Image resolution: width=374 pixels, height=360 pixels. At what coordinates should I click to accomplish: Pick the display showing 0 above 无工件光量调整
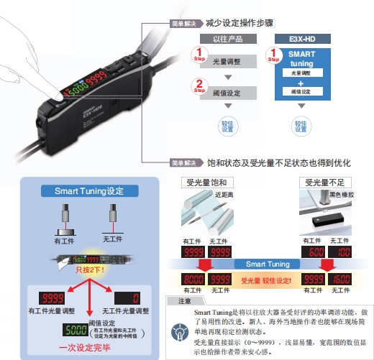(x=129, y=297)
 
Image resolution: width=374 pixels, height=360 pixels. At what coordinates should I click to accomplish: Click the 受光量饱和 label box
(x=205, y=183)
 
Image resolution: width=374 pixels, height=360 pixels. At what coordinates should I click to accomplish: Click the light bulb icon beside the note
(x=178, y=331)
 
